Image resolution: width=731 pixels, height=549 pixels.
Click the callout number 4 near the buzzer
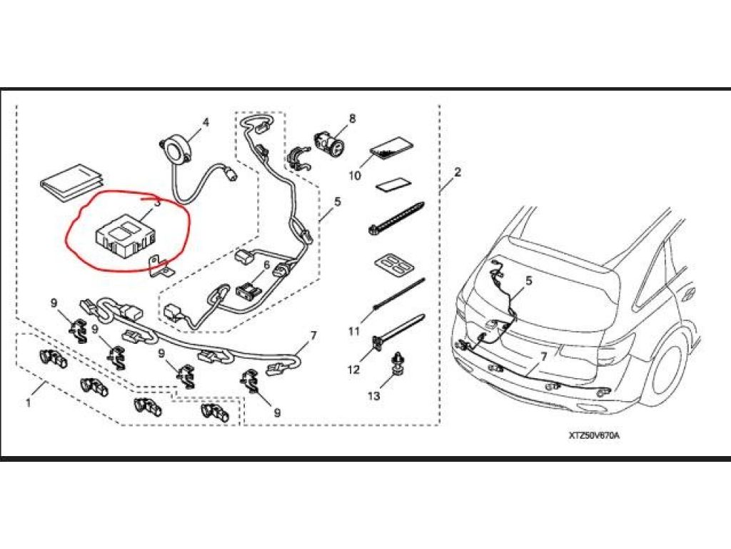206,123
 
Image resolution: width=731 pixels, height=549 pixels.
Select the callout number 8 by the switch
352,118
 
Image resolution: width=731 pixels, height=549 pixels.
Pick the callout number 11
354,331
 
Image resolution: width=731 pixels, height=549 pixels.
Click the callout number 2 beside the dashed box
458,172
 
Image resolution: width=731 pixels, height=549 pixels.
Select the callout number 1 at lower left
29,403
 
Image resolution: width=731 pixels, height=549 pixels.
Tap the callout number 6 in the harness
266,264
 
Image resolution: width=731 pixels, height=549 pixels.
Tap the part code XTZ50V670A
595,435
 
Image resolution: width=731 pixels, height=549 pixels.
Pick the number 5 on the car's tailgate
529,282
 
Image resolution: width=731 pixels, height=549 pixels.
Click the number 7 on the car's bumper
543,355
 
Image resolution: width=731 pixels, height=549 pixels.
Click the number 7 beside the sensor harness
313,335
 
